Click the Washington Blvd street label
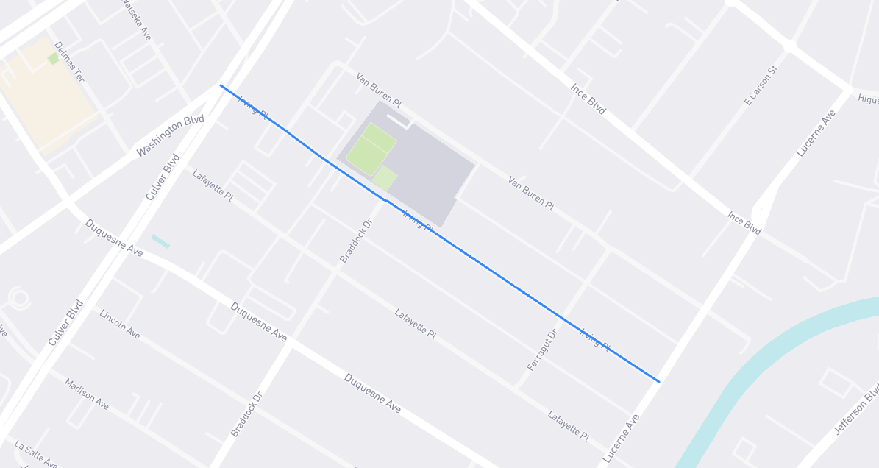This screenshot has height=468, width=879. click(170, 135)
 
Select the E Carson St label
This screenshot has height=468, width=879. click(761, 85)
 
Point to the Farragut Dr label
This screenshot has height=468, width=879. click(542, 350)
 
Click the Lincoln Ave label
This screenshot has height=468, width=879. click(119, 324)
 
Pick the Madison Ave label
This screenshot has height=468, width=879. click(87, 394)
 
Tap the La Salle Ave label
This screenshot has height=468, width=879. click(36, 454)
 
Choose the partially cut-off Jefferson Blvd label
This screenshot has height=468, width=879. click(857, 412)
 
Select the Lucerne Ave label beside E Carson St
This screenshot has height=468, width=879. click(816, 132)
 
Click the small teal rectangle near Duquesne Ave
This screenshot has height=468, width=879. click(160, 241)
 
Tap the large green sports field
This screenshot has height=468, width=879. click(370, 148)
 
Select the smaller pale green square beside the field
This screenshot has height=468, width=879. click(385, 178)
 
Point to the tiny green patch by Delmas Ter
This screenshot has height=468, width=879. click(53, 58)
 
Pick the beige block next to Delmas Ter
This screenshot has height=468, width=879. click(44, 96)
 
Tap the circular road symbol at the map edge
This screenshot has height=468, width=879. click(19, 298)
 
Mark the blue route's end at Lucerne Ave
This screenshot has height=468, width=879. click(658, 381)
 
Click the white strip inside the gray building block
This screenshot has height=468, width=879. click(398, 118)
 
